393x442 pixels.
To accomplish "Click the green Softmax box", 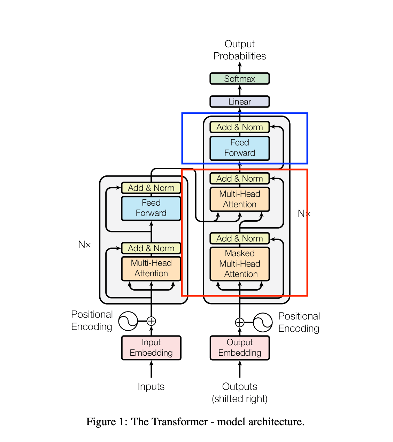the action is pos(239,79).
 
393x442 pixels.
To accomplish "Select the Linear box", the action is pos(239,102).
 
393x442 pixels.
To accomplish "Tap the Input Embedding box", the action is pos(151,348).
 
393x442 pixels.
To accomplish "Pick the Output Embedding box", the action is pos(239,348).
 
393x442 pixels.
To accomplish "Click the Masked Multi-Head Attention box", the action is pos(239,264).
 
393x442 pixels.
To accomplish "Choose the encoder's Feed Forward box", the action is pos(151,208).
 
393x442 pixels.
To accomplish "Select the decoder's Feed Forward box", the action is pos(239,148).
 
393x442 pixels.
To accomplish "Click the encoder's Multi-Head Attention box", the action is pos(151,269).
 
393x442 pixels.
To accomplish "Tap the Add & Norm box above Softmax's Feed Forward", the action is pos(239,127).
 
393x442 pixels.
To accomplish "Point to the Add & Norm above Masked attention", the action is pos(239,238).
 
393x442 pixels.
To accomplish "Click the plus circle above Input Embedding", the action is pos(151,321).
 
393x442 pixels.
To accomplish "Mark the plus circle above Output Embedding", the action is pos(239,322).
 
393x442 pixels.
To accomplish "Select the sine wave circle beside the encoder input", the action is pos(128,321).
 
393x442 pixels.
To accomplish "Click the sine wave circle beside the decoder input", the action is pos(263,322).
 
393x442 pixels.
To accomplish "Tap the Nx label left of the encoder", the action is pos(84,244).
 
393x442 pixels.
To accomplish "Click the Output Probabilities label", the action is pos(239,50).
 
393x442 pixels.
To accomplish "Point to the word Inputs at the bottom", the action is pos(151,387).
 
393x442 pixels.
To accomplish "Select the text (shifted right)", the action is pos(239,398).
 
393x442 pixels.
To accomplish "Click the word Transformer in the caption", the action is pos(180,421).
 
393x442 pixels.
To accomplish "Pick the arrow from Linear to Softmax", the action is pos(239,90).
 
